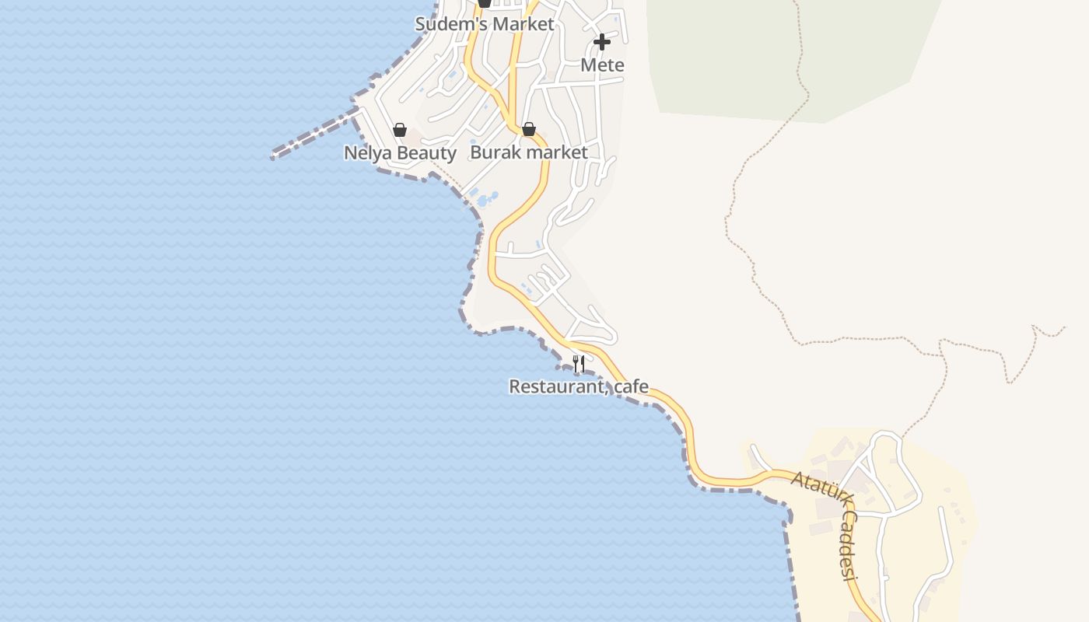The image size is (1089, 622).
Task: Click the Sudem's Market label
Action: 485,24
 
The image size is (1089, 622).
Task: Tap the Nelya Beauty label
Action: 400,152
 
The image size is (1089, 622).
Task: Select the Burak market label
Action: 529,152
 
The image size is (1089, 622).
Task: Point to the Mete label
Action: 603,65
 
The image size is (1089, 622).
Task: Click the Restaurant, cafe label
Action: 579,386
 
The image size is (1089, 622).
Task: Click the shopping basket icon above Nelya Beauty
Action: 400,130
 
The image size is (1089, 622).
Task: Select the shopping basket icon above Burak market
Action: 529,129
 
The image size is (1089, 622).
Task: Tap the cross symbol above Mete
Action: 602,42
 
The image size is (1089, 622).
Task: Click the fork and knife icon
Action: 579,363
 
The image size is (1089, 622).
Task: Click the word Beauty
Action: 426,152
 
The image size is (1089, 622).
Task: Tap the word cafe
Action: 631,386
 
